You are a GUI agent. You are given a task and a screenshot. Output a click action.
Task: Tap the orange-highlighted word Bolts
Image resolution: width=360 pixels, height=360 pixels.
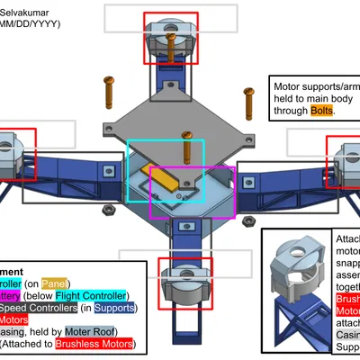[x=321, y=111]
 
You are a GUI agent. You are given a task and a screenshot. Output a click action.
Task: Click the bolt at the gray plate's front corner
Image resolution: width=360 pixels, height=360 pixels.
[x=186, y=144]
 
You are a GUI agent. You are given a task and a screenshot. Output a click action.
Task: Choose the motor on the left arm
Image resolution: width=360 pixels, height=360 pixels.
[x=13, y=148]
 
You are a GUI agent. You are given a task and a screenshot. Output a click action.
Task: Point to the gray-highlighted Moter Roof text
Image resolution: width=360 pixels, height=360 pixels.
[x=100, y=331]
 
